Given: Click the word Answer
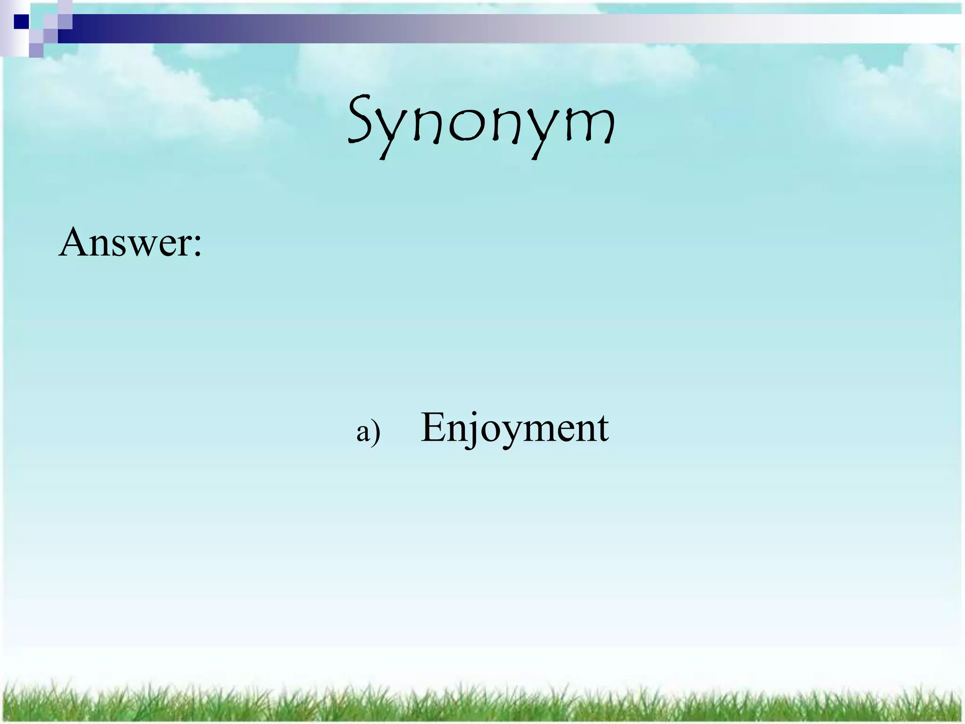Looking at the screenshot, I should point(124,242).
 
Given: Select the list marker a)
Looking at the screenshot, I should point(368,431).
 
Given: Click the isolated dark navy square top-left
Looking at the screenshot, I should point(21,22).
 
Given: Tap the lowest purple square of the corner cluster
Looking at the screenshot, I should point(36,50).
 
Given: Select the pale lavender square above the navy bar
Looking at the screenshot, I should point(65,7).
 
